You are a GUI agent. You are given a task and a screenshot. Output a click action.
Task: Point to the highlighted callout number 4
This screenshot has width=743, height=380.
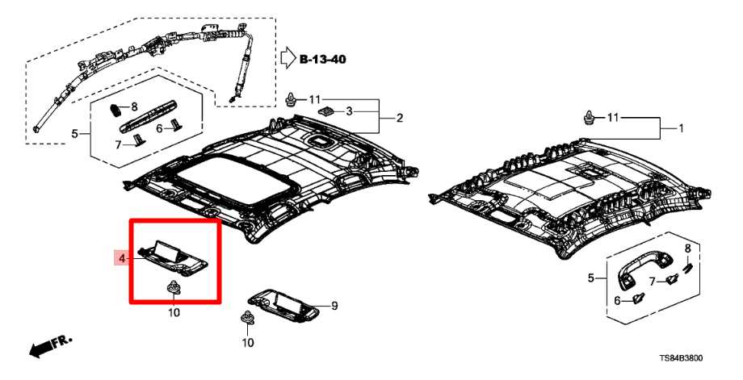point(121,258)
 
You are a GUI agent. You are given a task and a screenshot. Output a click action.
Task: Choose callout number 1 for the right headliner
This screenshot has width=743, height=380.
point(680,128)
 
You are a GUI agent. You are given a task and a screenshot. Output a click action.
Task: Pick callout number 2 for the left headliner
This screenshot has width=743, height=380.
point(398,118)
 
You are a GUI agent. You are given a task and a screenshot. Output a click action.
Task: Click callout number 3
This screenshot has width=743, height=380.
point(350,111)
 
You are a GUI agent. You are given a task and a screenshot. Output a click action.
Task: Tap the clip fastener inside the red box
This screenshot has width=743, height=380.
point(173,287)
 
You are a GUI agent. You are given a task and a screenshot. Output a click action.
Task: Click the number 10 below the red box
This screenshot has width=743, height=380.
point(174,312)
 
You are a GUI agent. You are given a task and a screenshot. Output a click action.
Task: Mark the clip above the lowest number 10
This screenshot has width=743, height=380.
point(247,319)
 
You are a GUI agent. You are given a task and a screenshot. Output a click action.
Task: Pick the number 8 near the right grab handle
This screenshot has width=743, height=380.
point(687,248)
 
